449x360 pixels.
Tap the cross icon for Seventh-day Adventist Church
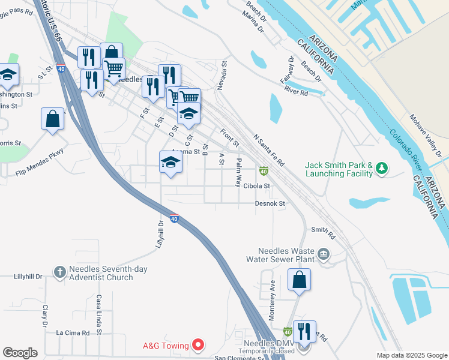pos(59,272)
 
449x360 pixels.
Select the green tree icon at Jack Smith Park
pos(381,170)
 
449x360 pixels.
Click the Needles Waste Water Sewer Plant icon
pos(324,254)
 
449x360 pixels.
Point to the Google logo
pos(20,353)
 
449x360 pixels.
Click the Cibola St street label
pos(257,186)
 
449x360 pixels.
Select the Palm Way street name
pos(238,172)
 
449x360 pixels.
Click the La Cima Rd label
pos(72,332)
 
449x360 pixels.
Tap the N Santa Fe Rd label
pos(268,150)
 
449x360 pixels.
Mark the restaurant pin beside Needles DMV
pos(304,331)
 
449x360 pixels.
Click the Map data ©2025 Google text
pos(411,355)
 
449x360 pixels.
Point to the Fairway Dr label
pos(292,69)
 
